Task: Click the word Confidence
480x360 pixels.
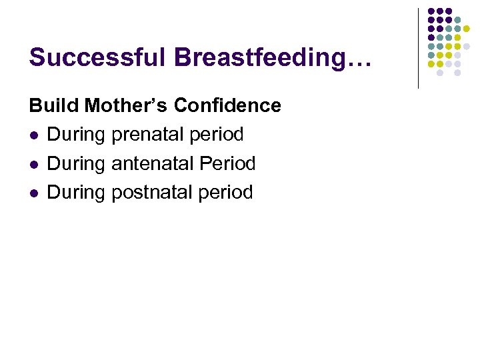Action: click(227, 105)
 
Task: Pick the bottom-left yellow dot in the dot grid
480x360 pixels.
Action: click(431, 64)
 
